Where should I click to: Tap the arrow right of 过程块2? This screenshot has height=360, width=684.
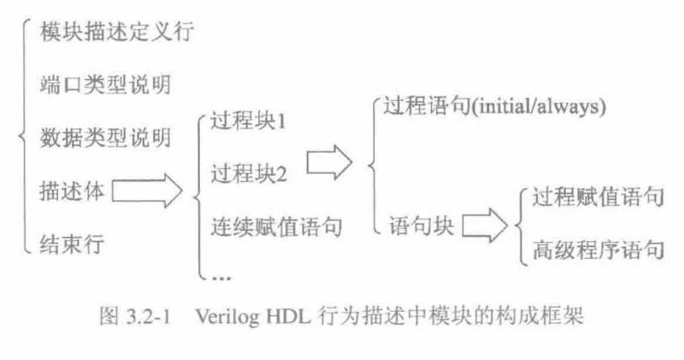(328, 161)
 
